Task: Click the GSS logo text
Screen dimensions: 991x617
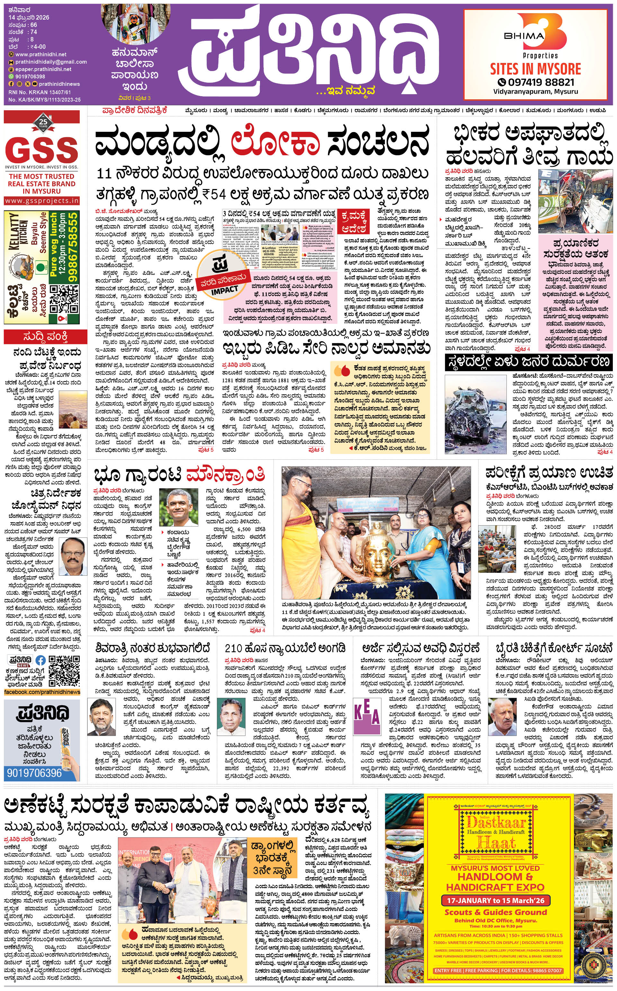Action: click(42, 150)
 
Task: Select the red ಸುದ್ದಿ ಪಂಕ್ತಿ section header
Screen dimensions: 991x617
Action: click(42, 337)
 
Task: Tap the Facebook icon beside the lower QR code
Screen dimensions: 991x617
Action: click(40, 660)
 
